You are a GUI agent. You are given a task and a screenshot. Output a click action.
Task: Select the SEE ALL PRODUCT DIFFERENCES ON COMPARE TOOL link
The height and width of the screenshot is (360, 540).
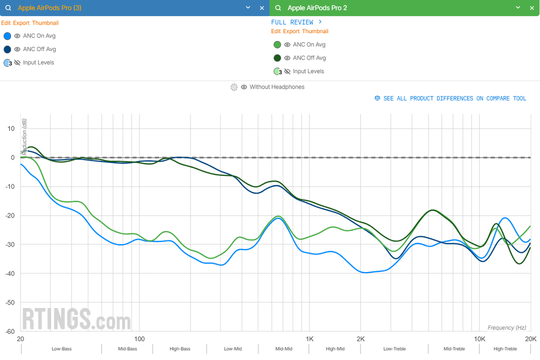coord(454,98)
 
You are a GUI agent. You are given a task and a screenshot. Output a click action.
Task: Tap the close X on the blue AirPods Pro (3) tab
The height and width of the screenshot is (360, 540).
coord(262,8)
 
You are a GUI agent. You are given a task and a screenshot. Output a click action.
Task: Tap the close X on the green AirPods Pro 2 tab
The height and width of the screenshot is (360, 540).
coord(532,8)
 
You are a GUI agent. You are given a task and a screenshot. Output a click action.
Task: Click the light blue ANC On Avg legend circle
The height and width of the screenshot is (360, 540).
coord(7,36)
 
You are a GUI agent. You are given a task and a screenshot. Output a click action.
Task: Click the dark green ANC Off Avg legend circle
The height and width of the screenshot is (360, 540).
coord(277,58)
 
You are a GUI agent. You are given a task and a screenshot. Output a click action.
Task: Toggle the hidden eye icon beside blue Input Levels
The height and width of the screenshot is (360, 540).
coord(17,63)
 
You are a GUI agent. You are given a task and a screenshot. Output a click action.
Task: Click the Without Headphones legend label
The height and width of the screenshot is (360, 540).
coord(276,87)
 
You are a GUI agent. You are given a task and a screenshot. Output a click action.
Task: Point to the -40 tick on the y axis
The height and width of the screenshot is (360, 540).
coord(10,273)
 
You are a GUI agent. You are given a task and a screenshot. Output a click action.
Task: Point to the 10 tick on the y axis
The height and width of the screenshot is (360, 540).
coord(11,128)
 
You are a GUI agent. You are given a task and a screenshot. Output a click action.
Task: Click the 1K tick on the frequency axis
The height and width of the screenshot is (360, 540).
coord(309,338)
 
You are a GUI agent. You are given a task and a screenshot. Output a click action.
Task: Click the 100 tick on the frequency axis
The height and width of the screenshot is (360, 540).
coord(139,338)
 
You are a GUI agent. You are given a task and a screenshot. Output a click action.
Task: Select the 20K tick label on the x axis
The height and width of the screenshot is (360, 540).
coord(530,338)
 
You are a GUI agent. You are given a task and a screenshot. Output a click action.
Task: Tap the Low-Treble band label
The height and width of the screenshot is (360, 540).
coord(394,349)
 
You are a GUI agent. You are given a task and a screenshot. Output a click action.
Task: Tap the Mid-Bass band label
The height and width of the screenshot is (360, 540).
coord(127,349)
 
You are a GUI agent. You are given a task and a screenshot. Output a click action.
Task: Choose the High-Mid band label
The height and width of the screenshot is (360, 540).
coord(335,349)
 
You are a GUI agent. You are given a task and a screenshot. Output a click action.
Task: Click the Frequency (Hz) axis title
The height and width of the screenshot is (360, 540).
coord(506,327)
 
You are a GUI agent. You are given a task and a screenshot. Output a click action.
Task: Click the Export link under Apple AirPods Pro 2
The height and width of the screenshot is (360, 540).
coord(291,31)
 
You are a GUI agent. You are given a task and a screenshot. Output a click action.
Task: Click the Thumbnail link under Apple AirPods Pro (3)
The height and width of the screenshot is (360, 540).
coord(45,23)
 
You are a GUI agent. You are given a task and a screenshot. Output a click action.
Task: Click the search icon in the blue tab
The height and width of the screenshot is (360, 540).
coord(8,8)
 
